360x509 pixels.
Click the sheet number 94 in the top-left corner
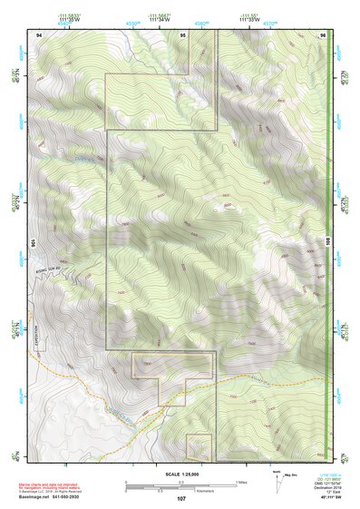(x=38, y=34)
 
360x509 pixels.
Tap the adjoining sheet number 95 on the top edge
(x=183, y=34)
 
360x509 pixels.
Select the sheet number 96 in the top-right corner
(x=323, y=34)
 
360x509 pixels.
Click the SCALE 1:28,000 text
(x=180, y=474)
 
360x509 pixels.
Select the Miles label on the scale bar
(x=241, y=481)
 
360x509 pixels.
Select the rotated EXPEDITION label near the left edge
(x=39, y=337)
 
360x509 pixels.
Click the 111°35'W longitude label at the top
(x=70, y=20)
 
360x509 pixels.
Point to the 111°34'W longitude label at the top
(x=160, y=20)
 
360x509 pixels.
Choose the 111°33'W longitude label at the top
(x=250, y=20)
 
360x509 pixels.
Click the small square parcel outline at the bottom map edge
(x=199, y=447)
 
